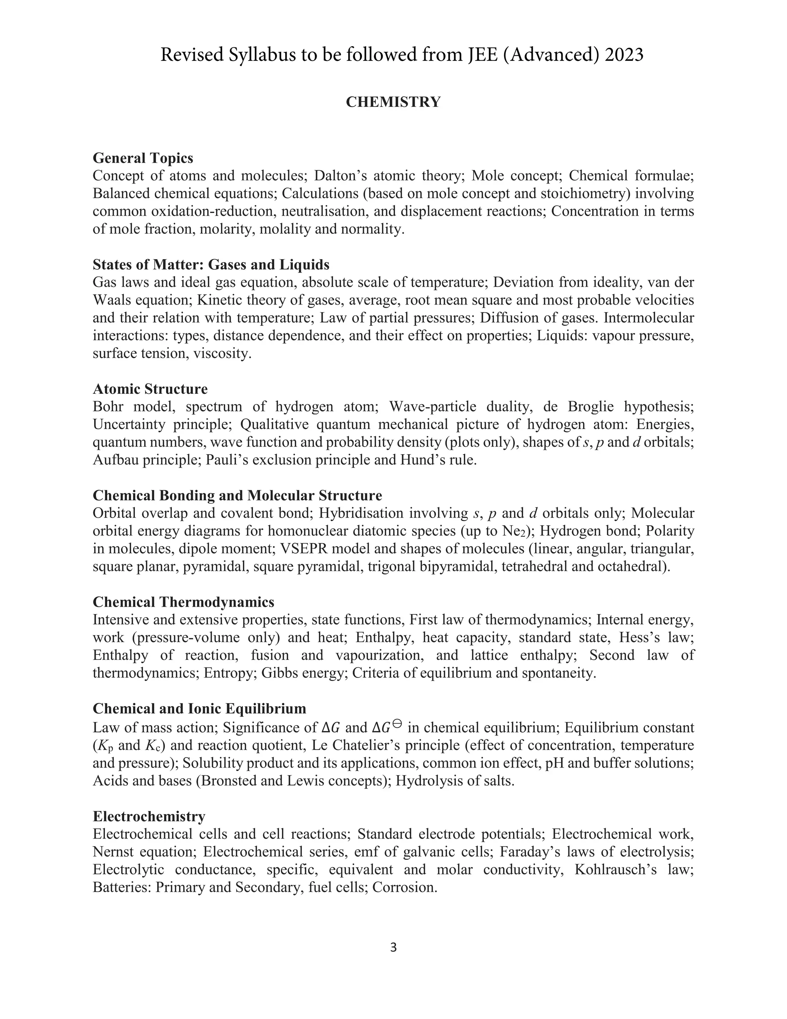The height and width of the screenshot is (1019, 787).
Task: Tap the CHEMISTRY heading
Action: (393, 102)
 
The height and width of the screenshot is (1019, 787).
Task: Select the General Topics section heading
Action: (143, 158)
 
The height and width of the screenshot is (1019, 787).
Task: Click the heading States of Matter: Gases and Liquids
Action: (211, 265)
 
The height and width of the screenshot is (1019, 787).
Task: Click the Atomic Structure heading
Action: (150, 389)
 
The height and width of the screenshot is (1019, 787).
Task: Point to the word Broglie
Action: (591, 406)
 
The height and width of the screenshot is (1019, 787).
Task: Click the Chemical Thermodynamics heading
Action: (183, 602)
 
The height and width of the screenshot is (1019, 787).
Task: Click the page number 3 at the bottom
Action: (393, 947)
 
